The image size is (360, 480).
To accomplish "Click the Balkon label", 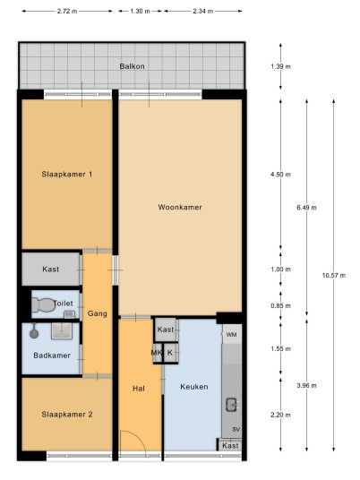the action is click(132, 66).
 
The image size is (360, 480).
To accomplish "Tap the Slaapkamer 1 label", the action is click(67, 175).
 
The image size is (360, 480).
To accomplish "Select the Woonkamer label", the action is click(180, 207).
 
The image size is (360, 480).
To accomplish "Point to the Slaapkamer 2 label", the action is click(67, 415).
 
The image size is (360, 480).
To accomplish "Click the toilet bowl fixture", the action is click(43, 304).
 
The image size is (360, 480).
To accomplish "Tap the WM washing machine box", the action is click(231, 335).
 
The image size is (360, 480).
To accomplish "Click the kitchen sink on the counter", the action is click(232, 405).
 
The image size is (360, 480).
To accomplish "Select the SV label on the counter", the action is click(236, 430).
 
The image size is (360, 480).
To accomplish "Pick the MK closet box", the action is click(158, 353).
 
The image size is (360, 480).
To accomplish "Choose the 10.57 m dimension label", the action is click(334, 276).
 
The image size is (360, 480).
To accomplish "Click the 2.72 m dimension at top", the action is click(67, 12).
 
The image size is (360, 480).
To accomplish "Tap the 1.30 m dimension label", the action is click(141, 12).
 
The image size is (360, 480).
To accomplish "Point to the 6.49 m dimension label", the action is click(307, 208).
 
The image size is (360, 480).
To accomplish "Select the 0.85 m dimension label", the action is click(280, 305).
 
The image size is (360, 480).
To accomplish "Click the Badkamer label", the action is click(52, 356).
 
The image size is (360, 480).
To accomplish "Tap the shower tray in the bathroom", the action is click(62, 331).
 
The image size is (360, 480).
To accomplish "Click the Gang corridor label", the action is click(98, 313).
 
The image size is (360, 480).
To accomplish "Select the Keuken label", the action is click(194, 387).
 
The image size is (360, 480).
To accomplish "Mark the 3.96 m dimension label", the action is click(307, 386).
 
